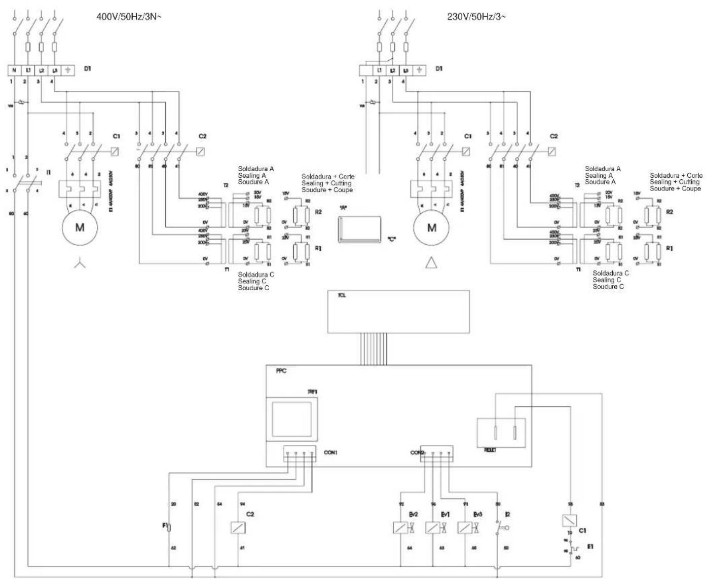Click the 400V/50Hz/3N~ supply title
pos(129,16)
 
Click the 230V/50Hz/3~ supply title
pos(476,16)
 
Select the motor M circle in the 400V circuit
pos(80,227)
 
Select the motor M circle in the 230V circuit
pos(431,227)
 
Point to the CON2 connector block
pos(436,452)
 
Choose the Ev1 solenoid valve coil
pos(432,527)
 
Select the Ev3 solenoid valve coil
pos(464,527)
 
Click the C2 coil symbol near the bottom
pos(238,527)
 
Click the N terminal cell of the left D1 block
pos(14,70)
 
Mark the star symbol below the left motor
pos(80,264)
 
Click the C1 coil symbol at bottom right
pos(569,520)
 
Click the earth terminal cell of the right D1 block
pos(419,70)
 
